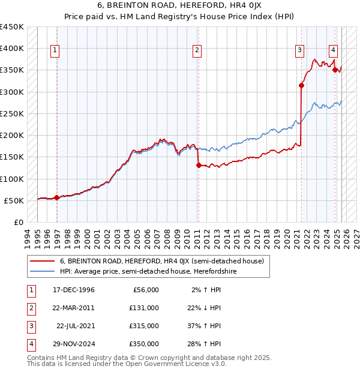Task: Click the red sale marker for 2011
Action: pyautogui.click(x=198, y=166)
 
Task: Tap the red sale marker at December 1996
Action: pyautogui.click(x=56, y=197)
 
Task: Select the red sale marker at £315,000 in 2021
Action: pyautogui.click(x=301, y=85)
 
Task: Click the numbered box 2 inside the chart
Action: pyautogui.click(x=197, y=51)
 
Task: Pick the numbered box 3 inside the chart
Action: pyautogui.click(x=299, y=51)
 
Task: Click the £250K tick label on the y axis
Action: pyautogui.click(x=12, y=113)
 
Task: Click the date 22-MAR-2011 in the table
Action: pyautogui.click(x=74, y=308)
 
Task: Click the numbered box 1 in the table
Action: pyautogui.click(x=29, y=290)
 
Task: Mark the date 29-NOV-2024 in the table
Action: pyautogui.click(x=74, y=344)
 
